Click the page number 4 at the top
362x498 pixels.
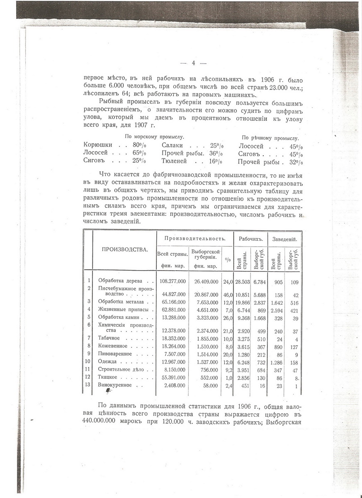(193, 63)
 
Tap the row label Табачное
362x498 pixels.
(109, 338)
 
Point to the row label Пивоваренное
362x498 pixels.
(115, 354)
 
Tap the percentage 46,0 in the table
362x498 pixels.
(227, 294)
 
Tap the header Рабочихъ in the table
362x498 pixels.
(251, 239)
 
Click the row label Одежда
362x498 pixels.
(108, 362)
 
